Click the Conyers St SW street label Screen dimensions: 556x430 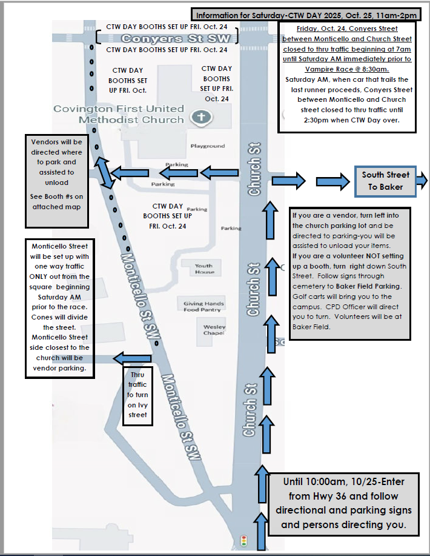point(167,38)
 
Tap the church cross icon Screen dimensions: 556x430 point(199,116)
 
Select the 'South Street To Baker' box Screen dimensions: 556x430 point(385,181)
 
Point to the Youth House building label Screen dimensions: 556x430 point(204,269)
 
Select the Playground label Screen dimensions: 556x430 point(208,146)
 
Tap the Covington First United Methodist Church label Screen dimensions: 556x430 point(119,114)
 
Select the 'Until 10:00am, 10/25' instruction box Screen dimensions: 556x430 point(343,503)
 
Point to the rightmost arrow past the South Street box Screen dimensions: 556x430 point(423,180)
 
